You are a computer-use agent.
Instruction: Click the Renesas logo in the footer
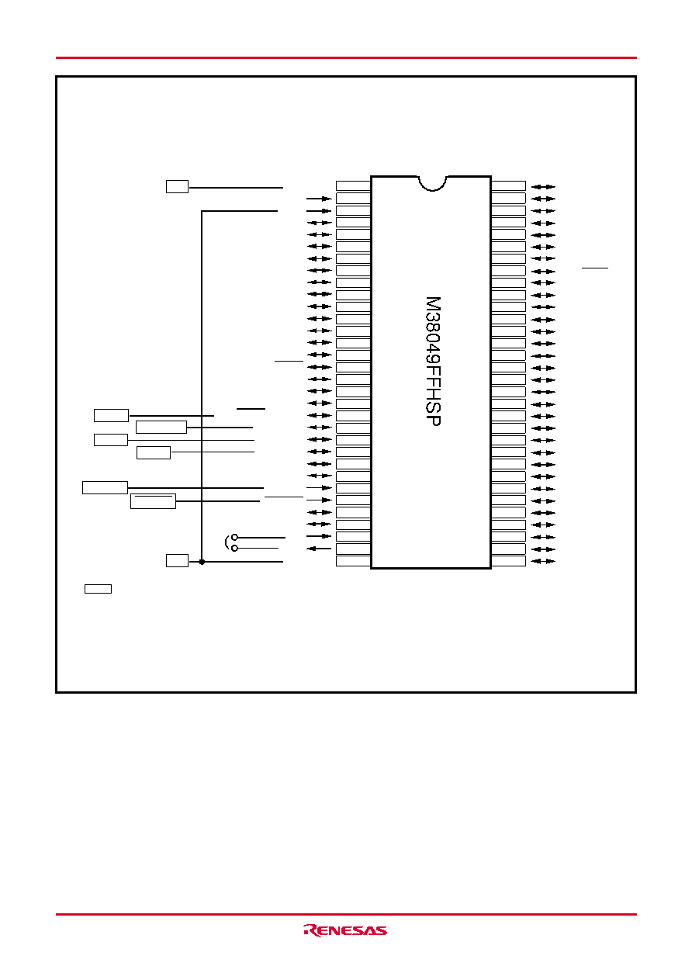click(345, 930)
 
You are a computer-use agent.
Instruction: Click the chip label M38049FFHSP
click(433, 362)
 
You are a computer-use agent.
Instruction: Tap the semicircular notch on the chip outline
click(433, 184)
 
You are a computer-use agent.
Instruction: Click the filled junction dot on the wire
click(202, 562)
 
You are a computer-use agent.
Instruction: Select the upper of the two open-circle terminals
click(234, 537)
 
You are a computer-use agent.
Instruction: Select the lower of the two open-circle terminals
click(234, 548)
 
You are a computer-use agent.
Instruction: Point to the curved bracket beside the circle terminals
click(227, 542)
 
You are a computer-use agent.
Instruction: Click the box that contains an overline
click(153, 501)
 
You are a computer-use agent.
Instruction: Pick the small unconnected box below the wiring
click(98, 589)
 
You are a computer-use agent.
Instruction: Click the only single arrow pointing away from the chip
click(319, 549)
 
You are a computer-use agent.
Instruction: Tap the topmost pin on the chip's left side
click(353, 186)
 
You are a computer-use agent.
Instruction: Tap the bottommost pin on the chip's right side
click(508, 561)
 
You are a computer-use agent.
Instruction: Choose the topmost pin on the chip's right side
click(508, 186)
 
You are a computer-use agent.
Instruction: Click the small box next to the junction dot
click(177, 560)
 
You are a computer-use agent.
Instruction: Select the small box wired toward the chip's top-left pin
click(177, 186)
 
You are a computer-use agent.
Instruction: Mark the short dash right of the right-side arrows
click(595, 268)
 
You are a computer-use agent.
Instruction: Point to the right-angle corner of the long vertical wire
click(202, 211)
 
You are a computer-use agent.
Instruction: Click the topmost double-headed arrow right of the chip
click(543, 187)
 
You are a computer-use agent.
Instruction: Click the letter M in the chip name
click(433, 304)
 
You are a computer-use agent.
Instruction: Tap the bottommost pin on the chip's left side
click(353, 561)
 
